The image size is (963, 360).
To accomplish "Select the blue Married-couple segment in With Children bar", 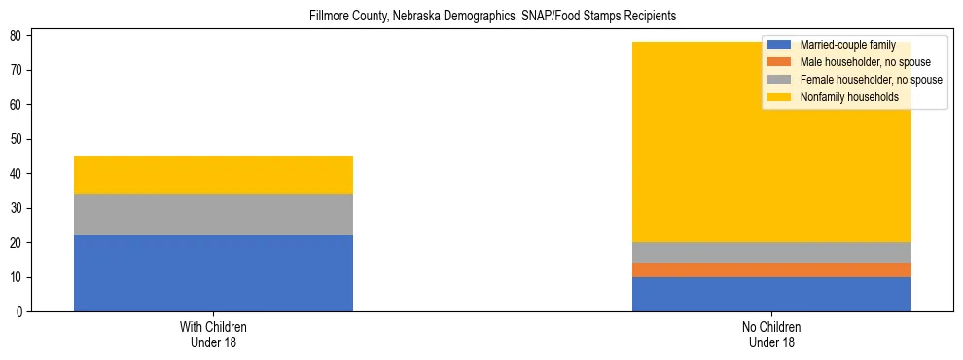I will point(213,273).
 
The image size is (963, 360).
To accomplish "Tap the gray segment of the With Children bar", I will point(213,214).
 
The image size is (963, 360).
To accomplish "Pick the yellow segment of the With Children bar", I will point(213,175).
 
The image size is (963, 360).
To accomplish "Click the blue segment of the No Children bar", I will point(771,294).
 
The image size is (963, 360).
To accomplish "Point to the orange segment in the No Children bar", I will point(771,270).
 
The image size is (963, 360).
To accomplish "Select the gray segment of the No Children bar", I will point(771,252).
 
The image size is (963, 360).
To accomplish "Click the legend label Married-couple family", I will point(847,45).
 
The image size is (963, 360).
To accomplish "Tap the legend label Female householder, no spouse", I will point(871,80).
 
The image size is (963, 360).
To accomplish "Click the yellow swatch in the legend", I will point(779,97).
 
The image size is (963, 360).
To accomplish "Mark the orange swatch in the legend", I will point(779,62).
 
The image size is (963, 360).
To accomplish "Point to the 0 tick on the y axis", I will point(20,312).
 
